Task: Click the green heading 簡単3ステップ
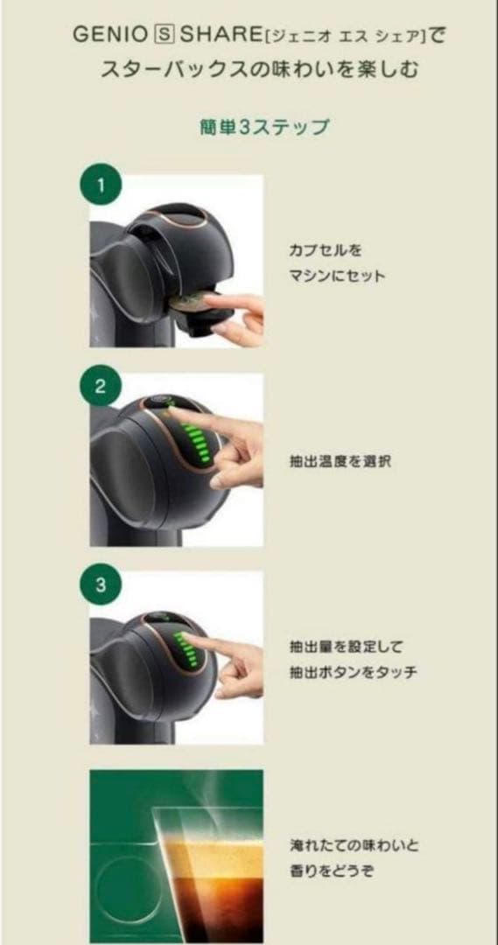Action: click(263, 127)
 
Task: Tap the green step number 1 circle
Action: click(101, 185)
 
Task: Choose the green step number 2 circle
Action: click(101, 386)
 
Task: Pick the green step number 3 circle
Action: click(101, 585)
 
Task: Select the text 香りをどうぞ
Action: click(324, 871)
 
